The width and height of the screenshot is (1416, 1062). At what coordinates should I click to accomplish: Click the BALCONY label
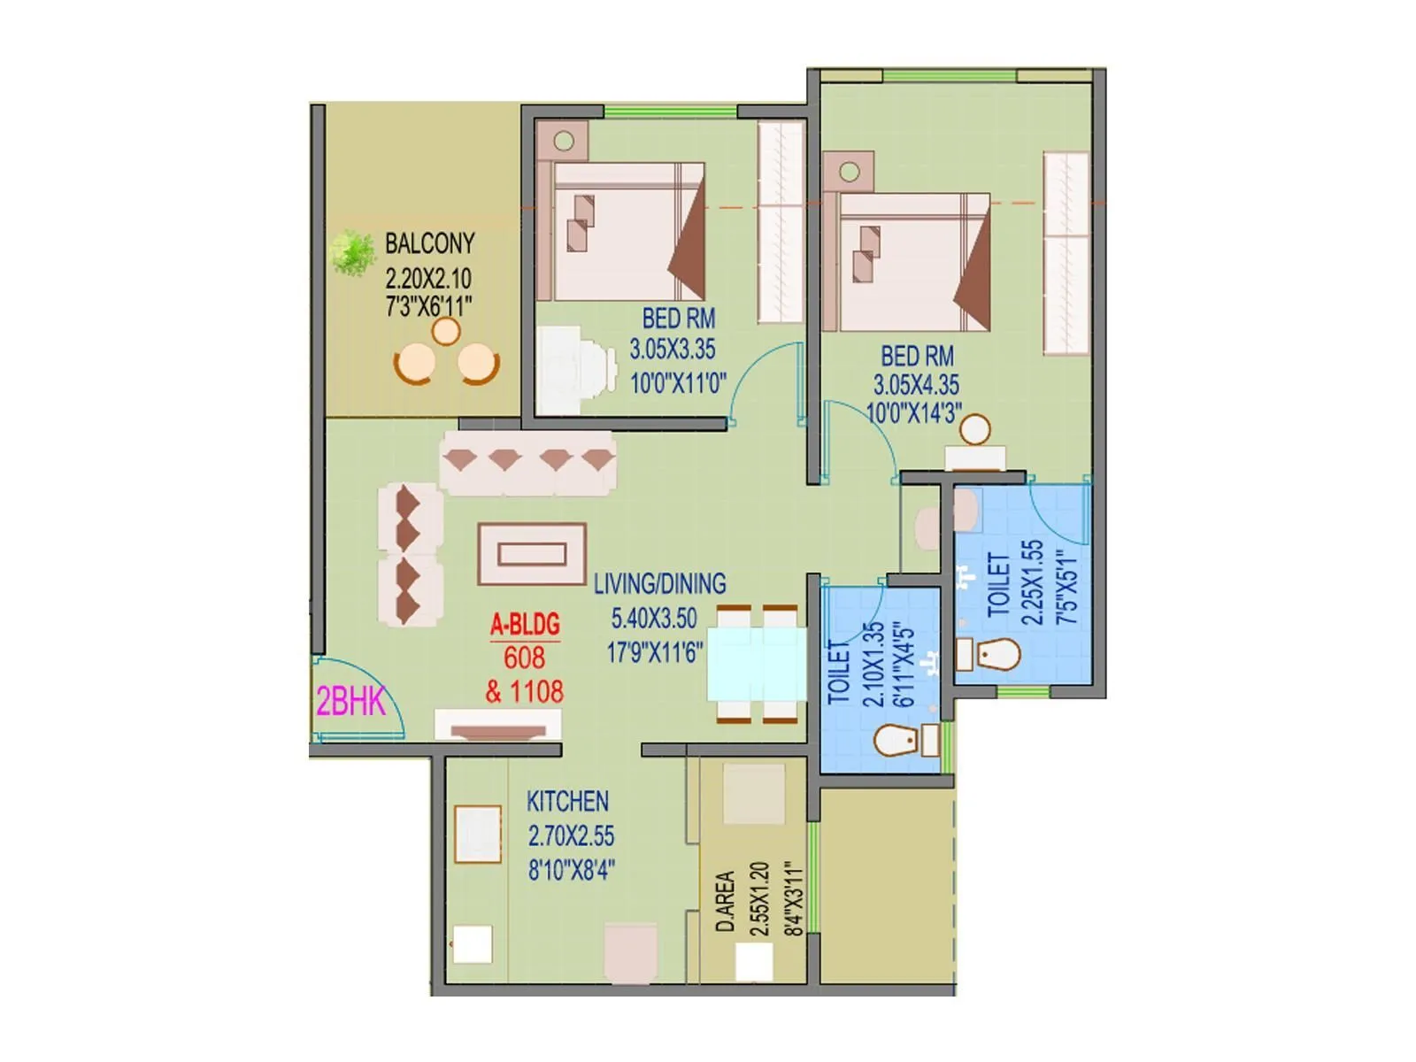click(x=429, y=243)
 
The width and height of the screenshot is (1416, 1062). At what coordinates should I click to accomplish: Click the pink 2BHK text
click(x=350, y=702)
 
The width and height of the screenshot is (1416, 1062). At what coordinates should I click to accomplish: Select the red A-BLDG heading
click(x=525, y=625)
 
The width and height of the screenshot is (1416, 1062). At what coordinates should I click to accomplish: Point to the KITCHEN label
click(x=567, y=802)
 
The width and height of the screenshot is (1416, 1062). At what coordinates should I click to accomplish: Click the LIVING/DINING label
click(x=659, y=584)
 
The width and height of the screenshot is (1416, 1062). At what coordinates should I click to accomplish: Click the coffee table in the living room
click(x=532, y=554)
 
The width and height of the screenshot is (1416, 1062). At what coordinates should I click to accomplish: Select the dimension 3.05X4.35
click(x=916, y=386)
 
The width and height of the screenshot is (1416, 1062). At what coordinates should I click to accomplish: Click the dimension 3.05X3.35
click(x=673, y=350)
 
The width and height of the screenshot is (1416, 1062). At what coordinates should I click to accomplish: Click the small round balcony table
click(x=445, y=332)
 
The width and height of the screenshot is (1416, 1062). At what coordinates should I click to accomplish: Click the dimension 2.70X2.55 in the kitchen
click(x=571, y=836)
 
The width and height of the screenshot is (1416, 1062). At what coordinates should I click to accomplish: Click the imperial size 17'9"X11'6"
click(x=655, y=653)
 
